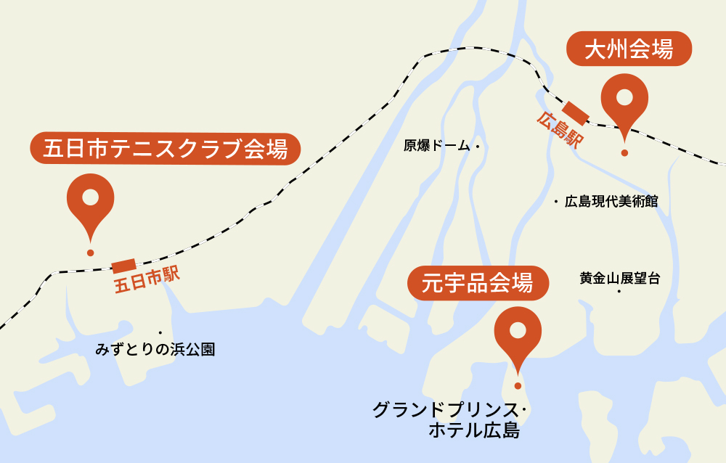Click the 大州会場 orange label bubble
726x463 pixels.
(628, 49)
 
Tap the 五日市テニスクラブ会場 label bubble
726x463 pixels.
(166, 149)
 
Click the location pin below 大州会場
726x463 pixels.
(624, 102)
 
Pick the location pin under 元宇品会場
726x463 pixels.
(518, 334)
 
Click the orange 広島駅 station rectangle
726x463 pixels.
(576, 110)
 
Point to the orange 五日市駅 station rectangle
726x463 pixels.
(123, 266)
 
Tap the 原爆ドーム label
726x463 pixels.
(438, 146)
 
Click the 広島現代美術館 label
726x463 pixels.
(611, 201)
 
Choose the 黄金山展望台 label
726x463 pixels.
(619, 277)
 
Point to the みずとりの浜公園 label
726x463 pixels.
(155, 349)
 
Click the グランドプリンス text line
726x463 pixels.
(444, 410)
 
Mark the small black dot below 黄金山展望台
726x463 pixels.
(619, 292)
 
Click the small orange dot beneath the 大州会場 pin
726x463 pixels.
(624, 153)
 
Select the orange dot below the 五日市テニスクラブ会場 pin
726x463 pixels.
(90, 253)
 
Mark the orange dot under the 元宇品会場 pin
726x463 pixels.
(518, 385)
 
